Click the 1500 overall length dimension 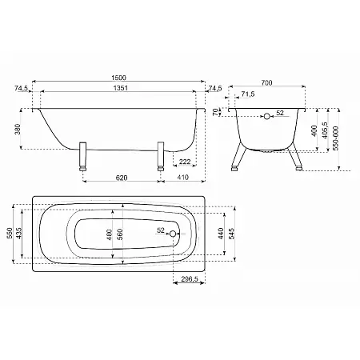tap(118, 78)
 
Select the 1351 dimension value tap(121, 88)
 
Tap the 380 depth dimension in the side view tap(18, 129)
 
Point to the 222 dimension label tap(185, 162)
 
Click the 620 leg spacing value tap(122, 178)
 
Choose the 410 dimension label tap(183, 177)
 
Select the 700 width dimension tap(266, 82)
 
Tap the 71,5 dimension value tap(248, 94)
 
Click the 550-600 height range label tap(336, 138)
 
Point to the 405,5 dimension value tap(325, 130)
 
